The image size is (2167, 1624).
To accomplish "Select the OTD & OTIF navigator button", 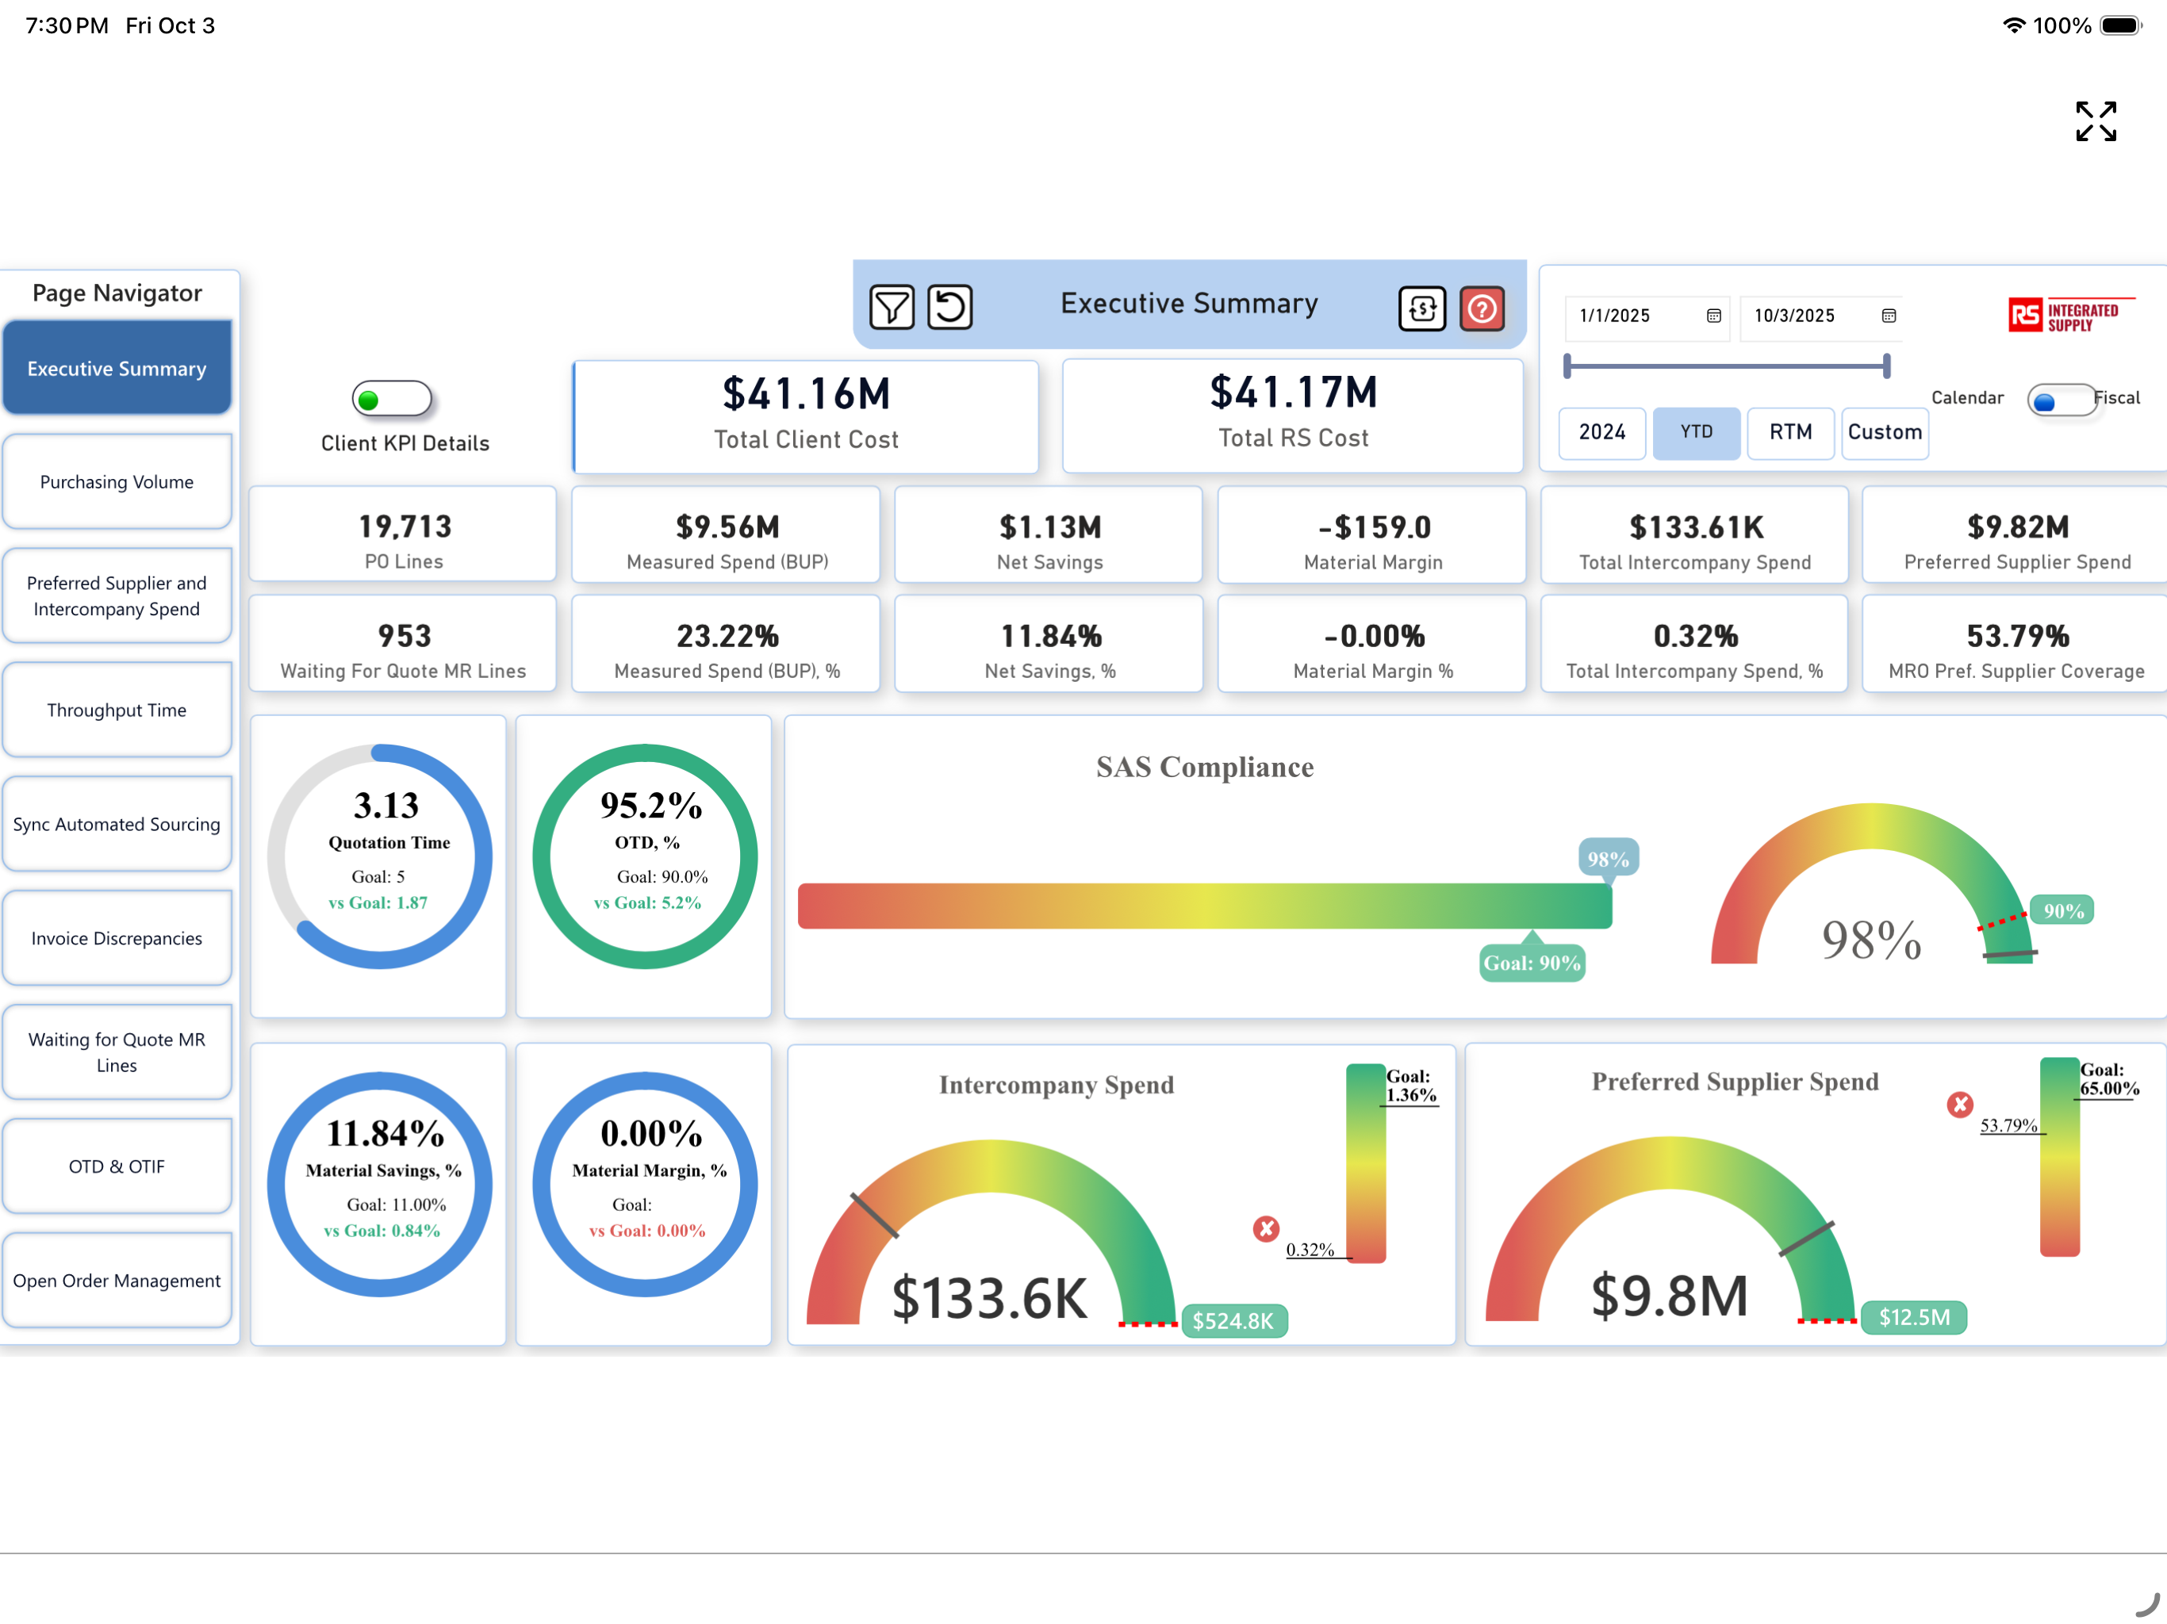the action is coord(117,1166).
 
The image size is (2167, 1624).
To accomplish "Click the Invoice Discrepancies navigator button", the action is coord(117,938).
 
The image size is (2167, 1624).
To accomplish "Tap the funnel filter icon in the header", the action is coord(892,308).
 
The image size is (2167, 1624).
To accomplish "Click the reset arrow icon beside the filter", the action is coord(949,308).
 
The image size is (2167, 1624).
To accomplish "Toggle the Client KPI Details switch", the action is coord(392,399).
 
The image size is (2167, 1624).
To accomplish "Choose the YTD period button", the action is coord(1697,432).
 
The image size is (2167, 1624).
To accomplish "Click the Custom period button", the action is coord(1885,432).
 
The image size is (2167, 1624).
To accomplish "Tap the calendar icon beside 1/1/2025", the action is coord(1713,316).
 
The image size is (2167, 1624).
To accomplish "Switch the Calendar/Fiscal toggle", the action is coord(2062,400).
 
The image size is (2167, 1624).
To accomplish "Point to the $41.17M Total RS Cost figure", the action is coord(1293,393).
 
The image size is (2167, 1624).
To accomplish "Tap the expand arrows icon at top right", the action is coord(2096,121).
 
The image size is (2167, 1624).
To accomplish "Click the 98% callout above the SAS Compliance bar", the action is coord(1609,859).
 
